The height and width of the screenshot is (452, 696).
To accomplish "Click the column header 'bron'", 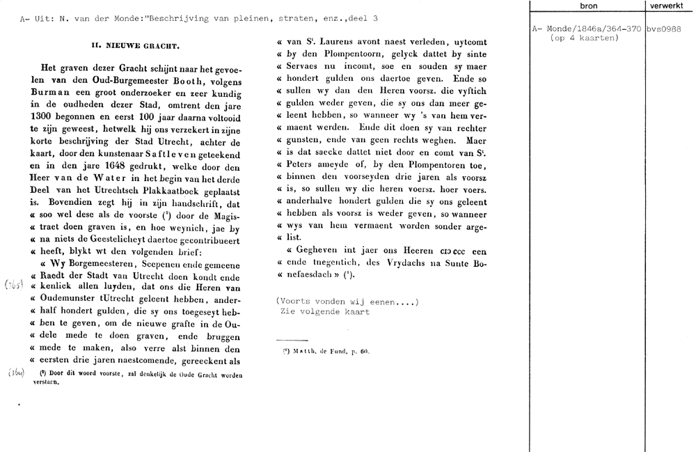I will point(587,6).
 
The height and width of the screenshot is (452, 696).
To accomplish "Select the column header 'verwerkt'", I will point(670,6).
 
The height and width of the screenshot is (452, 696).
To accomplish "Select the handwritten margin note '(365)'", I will point(15,285).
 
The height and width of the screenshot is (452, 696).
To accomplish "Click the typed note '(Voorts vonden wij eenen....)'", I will point(347,301).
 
